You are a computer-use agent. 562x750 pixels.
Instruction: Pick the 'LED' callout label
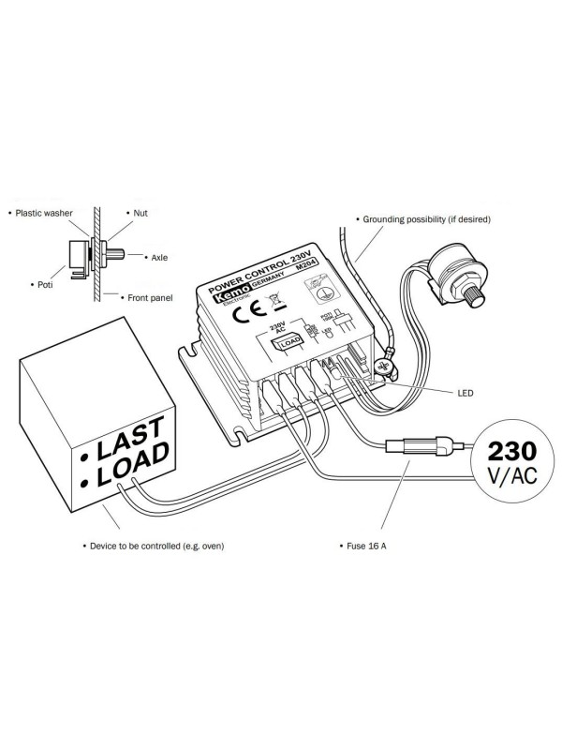[x=466, y=393]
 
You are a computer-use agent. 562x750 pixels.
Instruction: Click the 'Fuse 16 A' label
[x=366, y=545]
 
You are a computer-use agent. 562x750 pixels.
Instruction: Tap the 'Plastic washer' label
[x=42, y=213]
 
